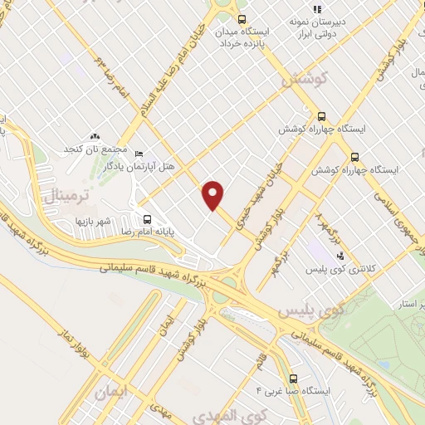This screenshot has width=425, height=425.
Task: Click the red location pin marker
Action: (214, 195)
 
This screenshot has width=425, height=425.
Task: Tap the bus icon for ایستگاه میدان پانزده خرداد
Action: (242, 19)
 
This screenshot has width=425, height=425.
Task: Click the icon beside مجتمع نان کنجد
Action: (95, 134)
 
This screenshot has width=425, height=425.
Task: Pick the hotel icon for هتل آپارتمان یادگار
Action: (139, 154)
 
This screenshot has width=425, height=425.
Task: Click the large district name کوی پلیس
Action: (308, 310)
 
